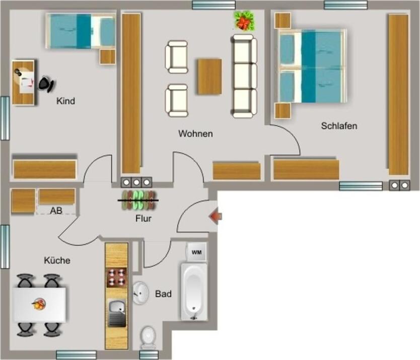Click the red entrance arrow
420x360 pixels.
click(x=216, y=217)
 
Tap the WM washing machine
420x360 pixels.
click(x=196, y=252)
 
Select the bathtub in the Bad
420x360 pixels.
click(x=194, y=292)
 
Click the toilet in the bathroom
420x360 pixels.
click(x=148, y=337)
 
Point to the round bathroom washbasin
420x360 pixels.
click(x=141, y=293)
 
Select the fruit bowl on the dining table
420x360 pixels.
click(x=38, y=304)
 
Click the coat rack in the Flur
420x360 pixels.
click(x=138, y=200)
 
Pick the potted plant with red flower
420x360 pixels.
click(x=244, y=22)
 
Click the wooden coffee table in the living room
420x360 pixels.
click(x=209, y=77)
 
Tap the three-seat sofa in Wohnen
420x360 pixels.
click(x=244, y=76)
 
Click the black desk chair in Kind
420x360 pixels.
click(x=47, y=84)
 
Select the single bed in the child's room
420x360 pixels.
click(x=81, y=31)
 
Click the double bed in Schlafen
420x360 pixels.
click(x=311, y=66)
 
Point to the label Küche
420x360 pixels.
click(x=57, y=261)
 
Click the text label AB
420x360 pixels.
click(x=56, y=211)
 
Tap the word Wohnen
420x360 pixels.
click(x=195, y=134)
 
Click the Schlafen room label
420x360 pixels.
click(x=339, y=126)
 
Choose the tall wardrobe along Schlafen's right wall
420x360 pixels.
click(x=398, y=94)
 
